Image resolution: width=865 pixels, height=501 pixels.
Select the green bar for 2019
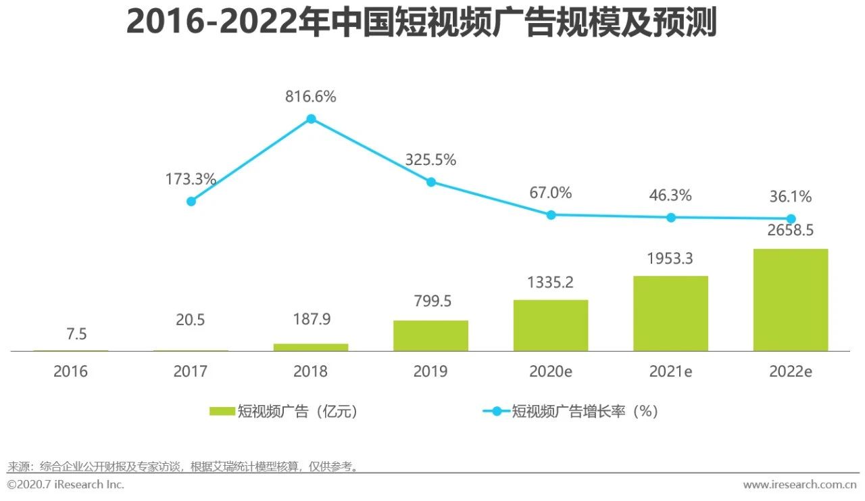pos(430,335)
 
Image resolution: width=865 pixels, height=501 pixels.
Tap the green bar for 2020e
pos(551,325)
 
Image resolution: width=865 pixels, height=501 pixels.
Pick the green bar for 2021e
pos(670,313)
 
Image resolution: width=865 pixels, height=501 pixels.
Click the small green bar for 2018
pos(311,347)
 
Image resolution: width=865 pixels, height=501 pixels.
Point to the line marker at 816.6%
pos(311,119)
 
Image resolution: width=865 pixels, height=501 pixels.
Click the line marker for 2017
pos(191,201)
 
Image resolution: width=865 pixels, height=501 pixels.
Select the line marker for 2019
pos(431,182)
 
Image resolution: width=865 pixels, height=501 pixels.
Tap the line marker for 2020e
pos(551,215)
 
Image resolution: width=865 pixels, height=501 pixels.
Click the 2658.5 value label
pos(790,231)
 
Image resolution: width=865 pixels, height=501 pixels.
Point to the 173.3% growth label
pos(191,180)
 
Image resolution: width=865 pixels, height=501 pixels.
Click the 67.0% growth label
pos(550,193)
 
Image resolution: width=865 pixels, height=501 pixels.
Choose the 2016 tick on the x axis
pos(71,371)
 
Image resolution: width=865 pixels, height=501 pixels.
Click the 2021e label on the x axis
pos(670,371)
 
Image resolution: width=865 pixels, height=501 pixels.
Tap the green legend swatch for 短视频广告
pos(222,411)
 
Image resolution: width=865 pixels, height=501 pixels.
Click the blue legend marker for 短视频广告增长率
pos(497,411)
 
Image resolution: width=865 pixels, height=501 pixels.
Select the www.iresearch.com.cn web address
pos(799,485)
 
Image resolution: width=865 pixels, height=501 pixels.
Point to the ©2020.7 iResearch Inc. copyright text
pos(66,485)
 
